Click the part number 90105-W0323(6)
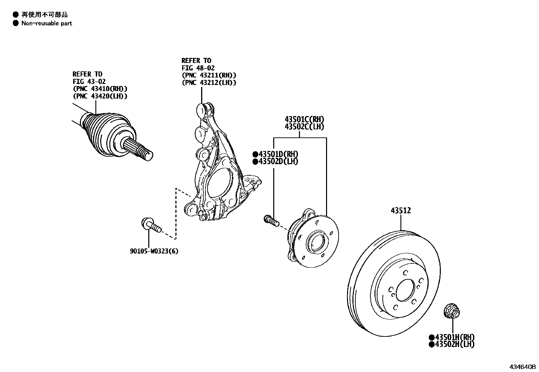click(x=154, y=251)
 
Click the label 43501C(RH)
click(x=304, y=119)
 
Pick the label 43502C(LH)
click(x=304, y=127)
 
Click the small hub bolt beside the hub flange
click(x=271, y=220)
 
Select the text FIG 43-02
click(x=89, y=82)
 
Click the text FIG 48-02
click(x=198, y=68)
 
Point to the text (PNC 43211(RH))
click(x=209, y=75)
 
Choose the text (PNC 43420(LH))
click(x=100, y=96)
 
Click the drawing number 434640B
click(x=523, y=367)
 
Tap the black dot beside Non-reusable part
click(x=15, y=23)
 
